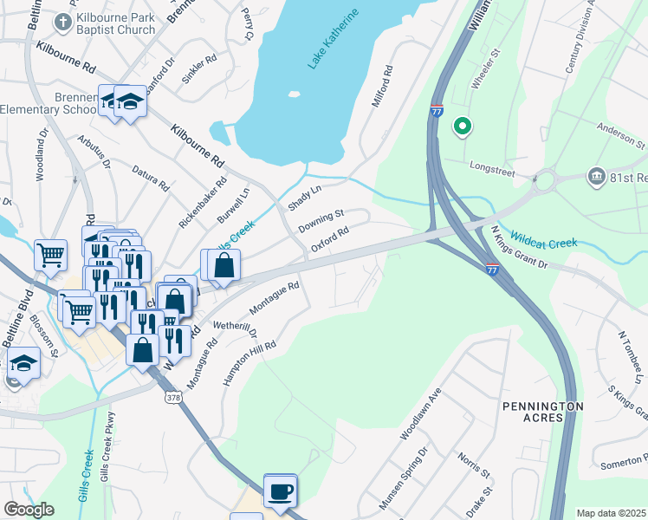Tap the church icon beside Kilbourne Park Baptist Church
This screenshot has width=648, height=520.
click(62, 20)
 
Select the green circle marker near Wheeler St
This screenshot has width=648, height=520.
click(463, 127)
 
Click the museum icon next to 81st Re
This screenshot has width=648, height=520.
click(595, 177)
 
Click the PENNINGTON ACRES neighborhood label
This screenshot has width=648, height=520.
click(543, 411)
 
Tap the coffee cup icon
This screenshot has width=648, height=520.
click(280, 491)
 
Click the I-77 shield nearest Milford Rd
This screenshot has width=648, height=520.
click(437, 110)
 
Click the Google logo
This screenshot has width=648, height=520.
click(29, 510)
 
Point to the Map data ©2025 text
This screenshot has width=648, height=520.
click(611, 513)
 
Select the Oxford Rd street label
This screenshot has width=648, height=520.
click(330, 239)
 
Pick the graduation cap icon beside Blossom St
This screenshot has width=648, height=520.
click(23, 363)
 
